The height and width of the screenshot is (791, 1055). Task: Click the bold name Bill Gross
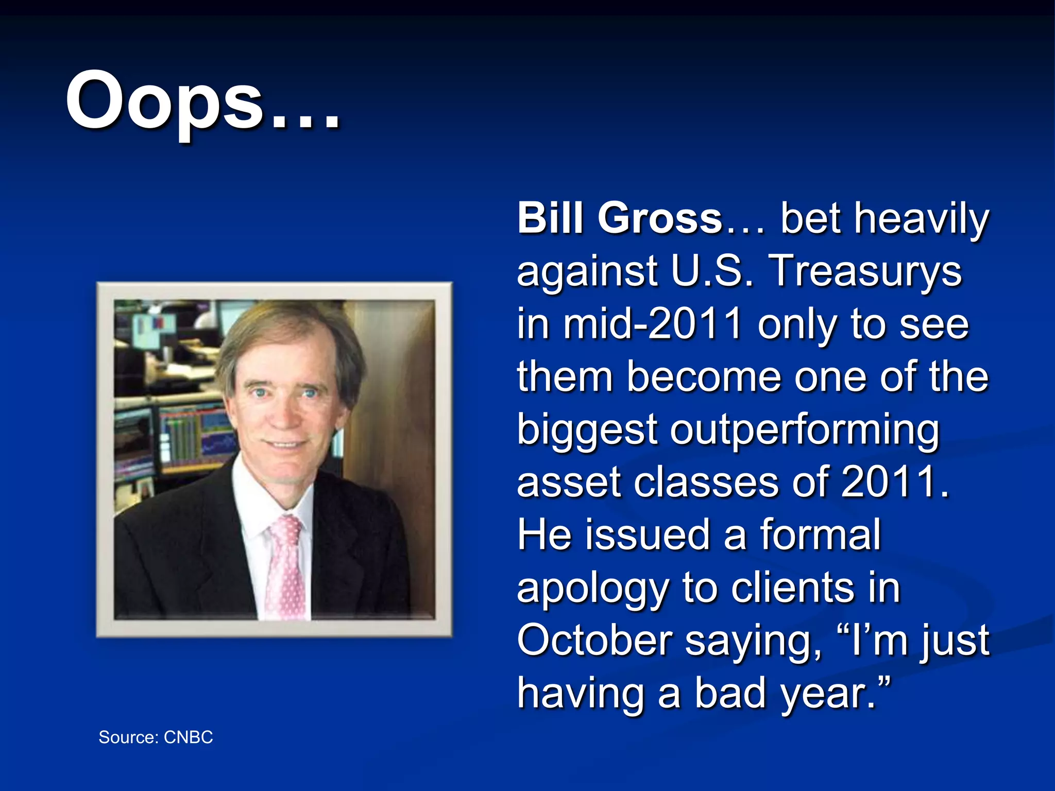(x=621, y=218)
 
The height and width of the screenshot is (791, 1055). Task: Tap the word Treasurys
(x=865, y=271)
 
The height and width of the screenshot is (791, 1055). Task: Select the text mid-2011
(x=653, y=324)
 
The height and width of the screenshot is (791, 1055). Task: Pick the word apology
(x=592, y=589)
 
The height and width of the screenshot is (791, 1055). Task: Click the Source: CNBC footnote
(x=156, y=737)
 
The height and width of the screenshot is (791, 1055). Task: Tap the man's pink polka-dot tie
(x=285, y=566)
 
